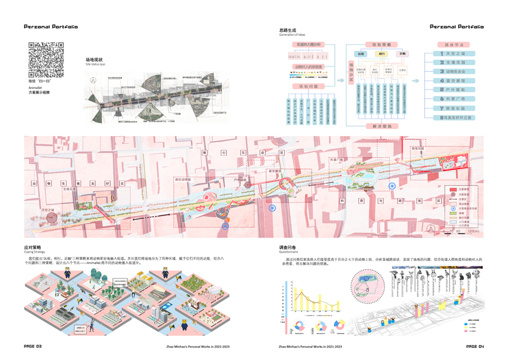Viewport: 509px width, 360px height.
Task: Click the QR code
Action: click(46, 59)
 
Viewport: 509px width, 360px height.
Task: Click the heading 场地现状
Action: click(95, 59)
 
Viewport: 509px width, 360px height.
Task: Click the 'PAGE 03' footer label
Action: click(32, 346)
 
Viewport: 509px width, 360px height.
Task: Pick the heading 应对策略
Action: click(32, 247)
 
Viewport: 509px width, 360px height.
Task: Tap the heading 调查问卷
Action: click(287, 247)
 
